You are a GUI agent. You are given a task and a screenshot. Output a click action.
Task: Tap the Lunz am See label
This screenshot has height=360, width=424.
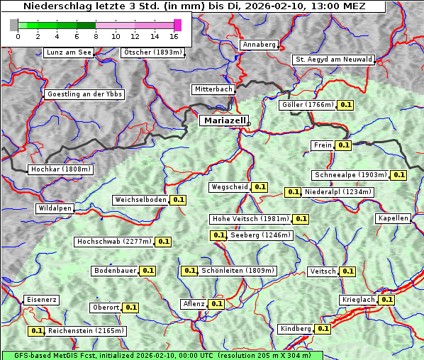point(69,52)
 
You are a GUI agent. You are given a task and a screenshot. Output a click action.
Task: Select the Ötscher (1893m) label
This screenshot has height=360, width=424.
point(152,52)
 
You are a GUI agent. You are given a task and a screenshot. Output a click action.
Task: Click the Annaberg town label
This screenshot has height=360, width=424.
point(259,45)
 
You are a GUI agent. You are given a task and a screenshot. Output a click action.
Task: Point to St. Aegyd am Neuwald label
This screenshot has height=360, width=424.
point(333,60)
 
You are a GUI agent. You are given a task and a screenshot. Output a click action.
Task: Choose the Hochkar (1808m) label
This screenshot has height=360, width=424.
point(61,170)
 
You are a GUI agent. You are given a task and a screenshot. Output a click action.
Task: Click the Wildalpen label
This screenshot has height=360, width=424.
point(55,209)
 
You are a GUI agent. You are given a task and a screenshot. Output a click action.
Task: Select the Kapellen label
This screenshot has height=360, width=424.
point(393,218)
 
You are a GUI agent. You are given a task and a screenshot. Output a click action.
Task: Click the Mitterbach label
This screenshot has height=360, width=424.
point(213,90)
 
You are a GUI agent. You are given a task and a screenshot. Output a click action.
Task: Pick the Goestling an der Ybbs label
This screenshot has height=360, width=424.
point(84,94)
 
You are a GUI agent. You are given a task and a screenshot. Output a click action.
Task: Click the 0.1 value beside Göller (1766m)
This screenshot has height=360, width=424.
point(345,105)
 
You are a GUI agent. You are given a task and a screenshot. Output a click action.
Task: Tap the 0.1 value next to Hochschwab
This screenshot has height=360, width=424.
point(163,242)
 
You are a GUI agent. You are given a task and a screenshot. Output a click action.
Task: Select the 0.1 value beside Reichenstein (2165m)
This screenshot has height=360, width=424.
point(36,331)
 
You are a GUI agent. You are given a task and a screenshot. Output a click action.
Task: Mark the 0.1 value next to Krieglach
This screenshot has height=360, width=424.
point(386,300)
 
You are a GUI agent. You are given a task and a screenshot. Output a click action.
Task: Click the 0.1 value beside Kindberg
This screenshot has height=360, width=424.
point(323,329)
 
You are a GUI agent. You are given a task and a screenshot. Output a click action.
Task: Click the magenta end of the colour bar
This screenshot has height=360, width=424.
point(177,25)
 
